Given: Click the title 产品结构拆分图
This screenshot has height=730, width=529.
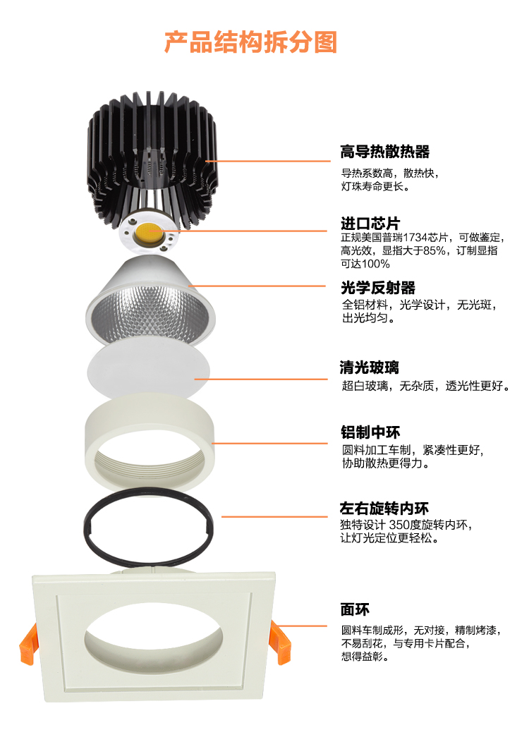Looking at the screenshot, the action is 250,42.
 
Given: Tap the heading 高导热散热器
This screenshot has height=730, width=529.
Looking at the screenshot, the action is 384,152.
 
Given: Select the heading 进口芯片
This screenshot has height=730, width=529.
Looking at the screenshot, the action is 370,223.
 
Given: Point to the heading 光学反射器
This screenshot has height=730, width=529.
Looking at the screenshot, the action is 377,288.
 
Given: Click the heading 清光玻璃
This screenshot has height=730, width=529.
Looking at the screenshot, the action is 370,367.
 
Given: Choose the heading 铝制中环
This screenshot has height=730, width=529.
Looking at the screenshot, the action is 370,432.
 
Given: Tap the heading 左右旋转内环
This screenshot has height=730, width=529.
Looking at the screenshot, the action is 384,508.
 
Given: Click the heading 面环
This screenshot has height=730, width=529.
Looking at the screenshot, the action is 355,609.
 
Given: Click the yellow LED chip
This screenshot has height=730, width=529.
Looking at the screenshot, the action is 149,232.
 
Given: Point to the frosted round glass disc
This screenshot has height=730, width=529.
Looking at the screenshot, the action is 149,371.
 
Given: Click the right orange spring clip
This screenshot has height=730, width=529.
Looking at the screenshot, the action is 281,643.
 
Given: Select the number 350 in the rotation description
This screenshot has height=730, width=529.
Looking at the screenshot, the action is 399,525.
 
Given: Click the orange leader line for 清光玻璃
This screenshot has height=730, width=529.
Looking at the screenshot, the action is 261,379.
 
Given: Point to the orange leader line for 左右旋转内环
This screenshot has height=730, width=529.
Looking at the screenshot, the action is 274,516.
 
